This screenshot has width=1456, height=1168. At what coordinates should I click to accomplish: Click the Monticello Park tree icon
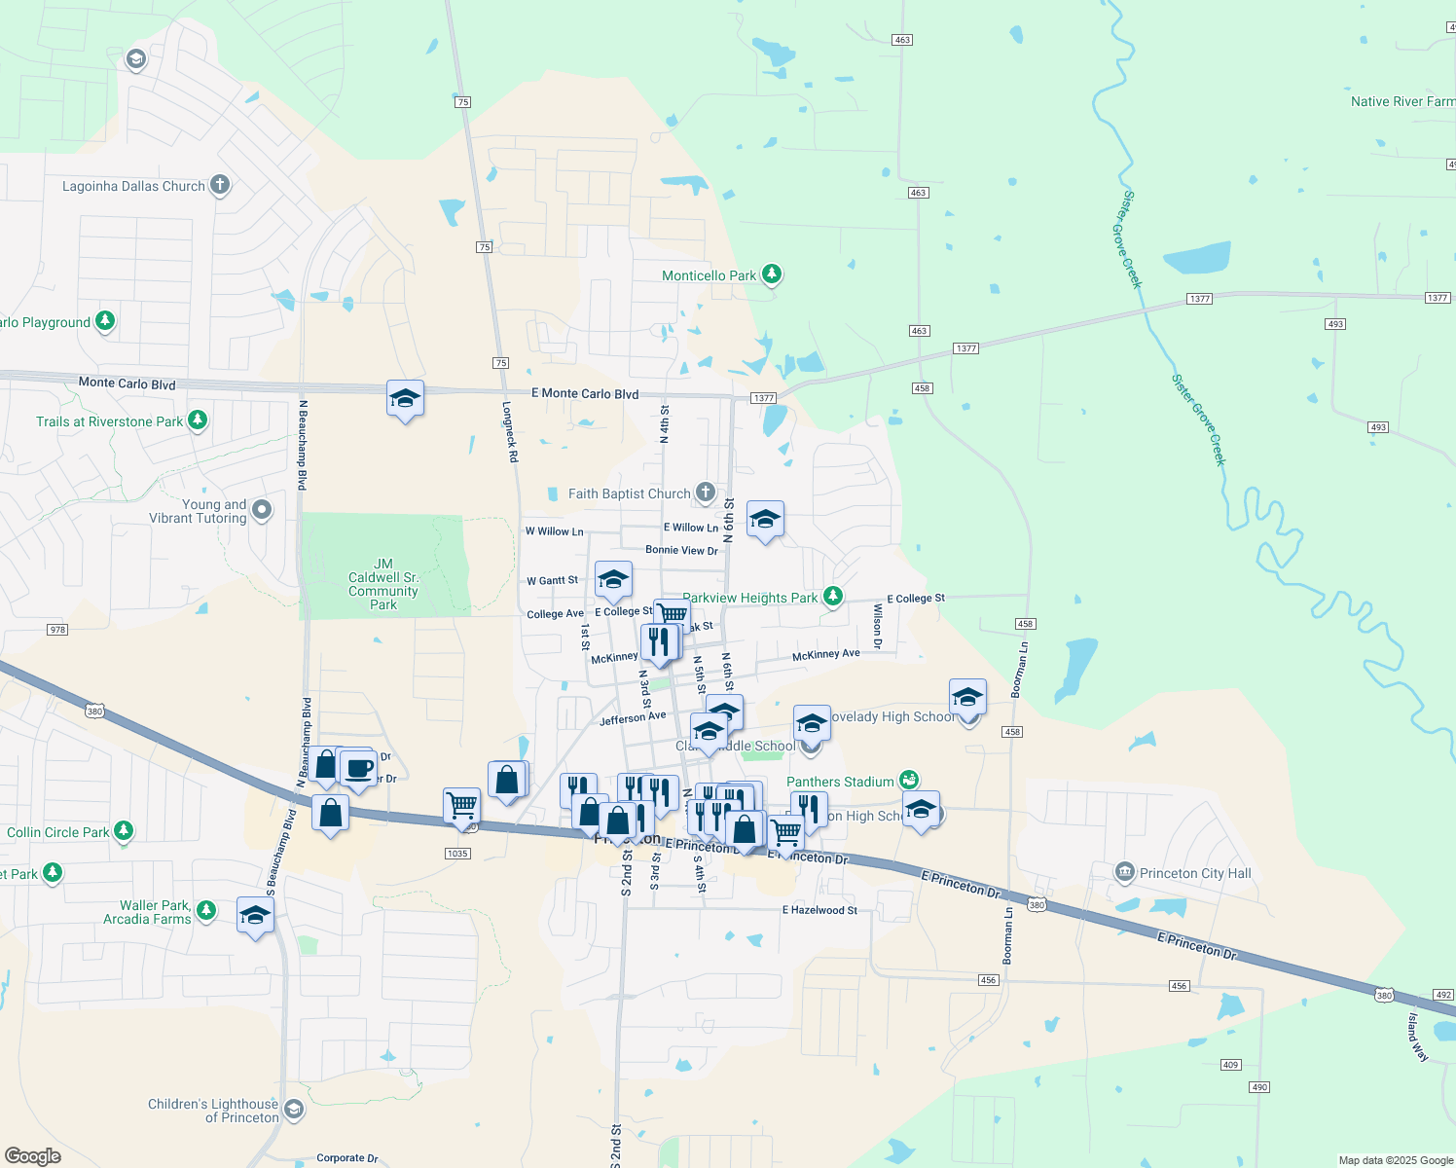772,274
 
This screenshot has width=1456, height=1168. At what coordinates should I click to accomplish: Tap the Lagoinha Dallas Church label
133,186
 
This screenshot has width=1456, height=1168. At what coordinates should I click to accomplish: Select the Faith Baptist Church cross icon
706,493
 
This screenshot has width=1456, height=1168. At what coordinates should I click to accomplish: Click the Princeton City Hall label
1195,873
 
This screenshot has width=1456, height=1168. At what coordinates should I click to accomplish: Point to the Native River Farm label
1402,101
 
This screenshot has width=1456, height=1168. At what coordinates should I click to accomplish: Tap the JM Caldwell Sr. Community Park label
383,584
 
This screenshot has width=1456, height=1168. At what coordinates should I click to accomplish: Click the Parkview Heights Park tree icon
832,597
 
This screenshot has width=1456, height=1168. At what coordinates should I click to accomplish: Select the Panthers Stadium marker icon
909,780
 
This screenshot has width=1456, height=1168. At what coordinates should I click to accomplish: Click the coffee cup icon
358,768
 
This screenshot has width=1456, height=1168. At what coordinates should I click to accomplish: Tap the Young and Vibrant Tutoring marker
261,510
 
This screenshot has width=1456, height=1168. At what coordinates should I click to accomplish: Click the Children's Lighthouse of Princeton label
213,1111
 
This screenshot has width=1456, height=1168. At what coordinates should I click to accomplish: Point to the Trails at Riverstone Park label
109,421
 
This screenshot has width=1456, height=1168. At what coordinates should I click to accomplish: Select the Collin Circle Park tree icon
123,831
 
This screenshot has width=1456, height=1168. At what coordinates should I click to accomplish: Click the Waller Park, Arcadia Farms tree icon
205,910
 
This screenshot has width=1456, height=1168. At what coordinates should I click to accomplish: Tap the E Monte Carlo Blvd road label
585,393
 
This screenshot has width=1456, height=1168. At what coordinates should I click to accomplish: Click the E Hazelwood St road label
819,910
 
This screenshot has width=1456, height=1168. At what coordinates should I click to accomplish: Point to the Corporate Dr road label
346,1158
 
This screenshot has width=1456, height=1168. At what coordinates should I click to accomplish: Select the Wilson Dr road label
877,626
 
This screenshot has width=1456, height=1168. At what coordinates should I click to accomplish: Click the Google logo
33,1156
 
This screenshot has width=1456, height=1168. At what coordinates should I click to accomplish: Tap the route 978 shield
57,630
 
